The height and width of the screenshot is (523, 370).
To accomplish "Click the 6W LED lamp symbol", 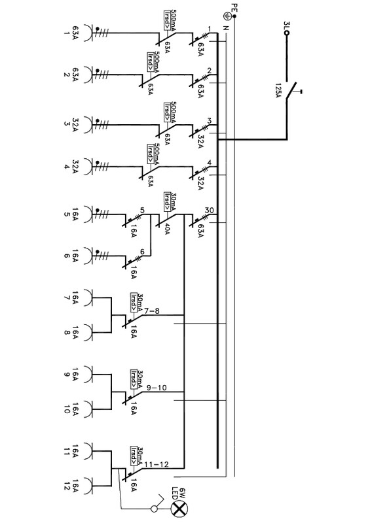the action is click(x=179, y=509).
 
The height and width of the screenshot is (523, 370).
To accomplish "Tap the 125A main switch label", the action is click(x=278, y=90).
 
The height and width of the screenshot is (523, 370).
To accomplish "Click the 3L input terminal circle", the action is click(x=286, y=33).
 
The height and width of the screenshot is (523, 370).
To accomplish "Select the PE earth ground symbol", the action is click(x=227, y=15).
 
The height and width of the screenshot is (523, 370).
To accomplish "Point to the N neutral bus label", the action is click(x=227, y=28).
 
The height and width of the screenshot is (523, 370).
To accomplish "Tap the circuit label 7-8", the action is click(x=151, y=311).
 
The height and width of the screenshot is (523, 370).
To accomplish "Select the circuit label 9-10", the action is click(x=156, y=388).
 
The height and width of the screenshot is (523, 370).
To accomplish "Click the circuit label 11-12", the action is click(x=157, y=464).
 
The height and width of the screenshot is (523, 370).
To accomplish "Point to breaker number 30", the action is click(x=210, y=211).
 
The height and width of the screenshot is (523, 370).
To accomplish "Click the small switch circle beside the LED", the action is click(x=154, y=509).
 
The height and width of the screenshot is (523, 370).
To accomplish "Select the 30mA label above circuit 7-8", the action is click(x=140, y=303).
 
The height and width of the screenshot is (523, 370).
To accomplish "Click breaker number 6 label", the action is click(x=142, y=252).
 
